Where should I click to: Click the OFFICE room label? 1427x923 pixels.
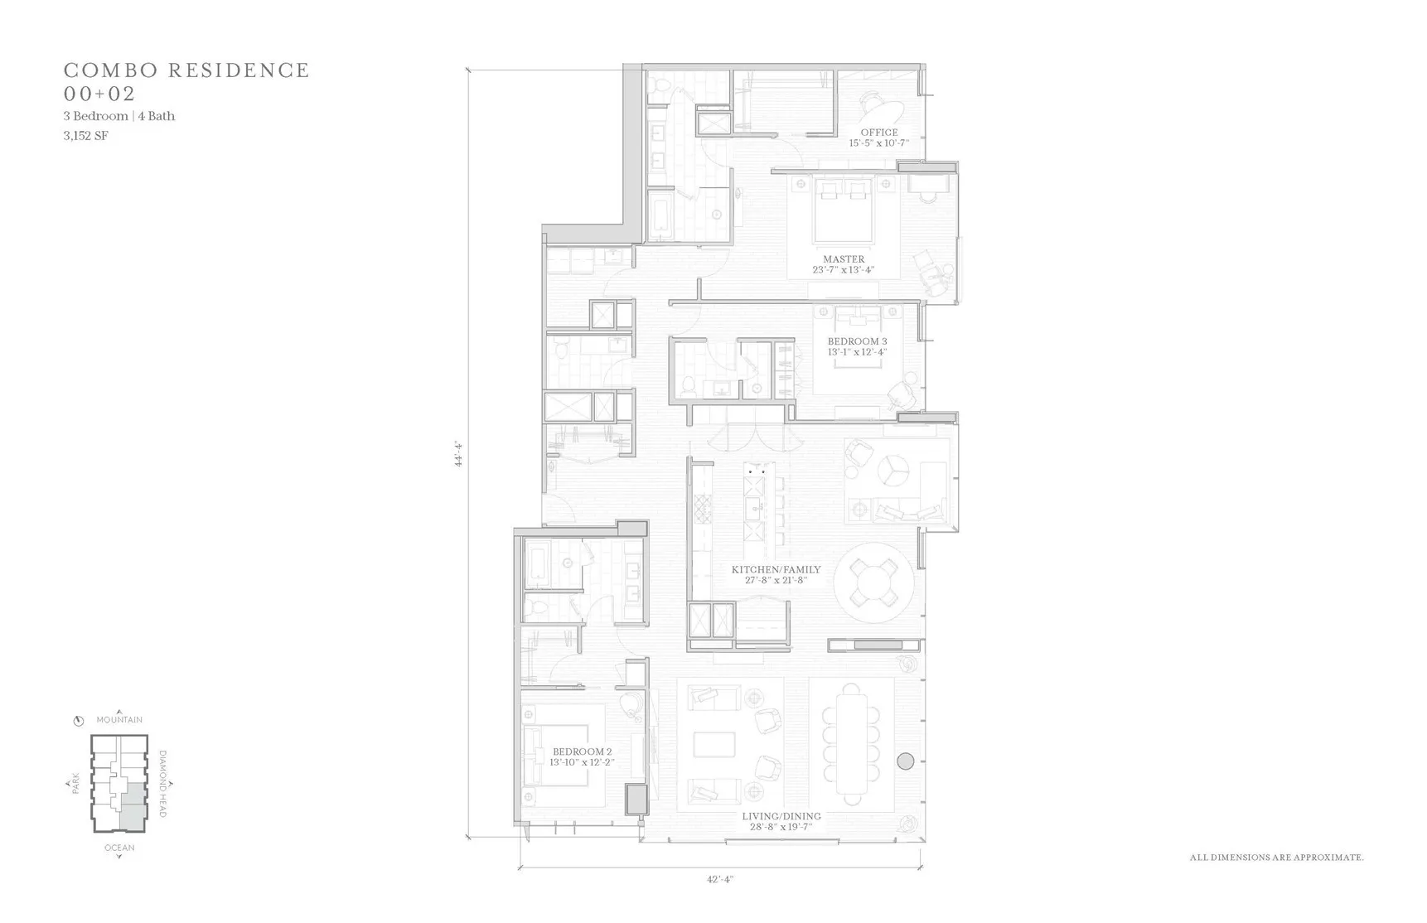pyautogui.click(x=878, y=133)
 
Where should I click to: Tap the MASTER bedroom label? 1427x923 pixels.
pyautogui.click(x=844, y=259)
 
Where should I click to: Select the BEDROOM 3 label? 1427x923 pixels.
pyautogui.click(x=857, y=341)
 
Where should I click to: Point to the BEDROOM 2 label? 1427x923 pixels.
pyautogui.click(x=582, y=752)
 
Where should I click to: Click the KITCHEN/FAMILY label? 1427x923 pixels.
pyautogui.click(x=776, y=570)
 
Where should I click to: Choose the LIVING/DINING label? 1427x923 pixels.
pyautogui.click(x=781, y=816)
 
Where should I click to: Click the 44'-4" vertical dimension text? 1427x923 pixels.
pyautogui.click(x=457, y=454)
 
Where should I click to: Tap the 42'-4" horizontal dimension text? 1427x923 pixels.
pyautogui.click(x=720, y=879)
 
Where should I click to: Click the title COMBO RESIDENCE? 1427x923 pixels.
pyautogui.click(x=186, y=70)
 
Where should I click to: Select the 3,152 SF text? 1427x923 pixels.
pyautogui.click(x=85, y=136)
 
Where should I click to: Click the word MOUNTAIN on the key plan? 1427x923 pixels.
pyautogui.click(x=119, y=720)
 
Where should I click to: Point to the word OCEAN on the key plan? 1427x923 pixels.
pyautogui.click(x=119, y=848)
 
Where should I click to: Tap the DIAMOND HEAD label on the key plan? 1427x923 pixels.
pyautogui.click(x=162, y=784)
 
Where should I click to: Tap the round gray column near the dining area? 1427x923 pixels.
pyautogui.click(x=906, y=760)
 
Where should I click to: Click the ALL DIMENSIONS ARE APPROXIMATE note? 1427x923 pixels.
pyautogui.click(x=1276, y=858)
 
